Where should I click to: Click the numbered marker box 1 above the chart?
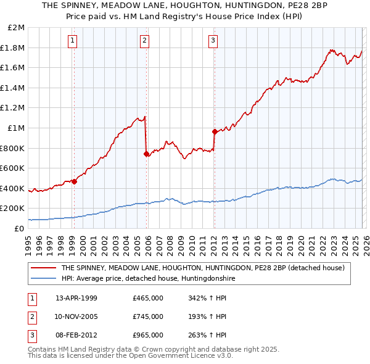point(73,41)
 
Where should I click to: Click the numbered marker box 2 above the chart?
point(144,41)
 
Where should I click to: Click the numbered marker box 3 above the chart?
point(213,41)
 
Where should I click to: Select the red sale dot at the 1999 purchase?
point(74,181)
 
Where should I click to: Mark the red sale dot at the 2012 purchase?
point(215,131)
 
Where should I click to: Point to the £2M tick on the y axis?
point(17,28)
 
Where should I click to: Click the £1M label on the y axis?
point(17,128)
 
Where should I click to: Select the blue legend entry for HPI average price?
point(148,279)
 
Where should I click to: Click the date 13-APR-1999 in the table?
point(76,298)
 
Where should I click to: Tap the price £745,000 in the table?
point(148,316)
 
